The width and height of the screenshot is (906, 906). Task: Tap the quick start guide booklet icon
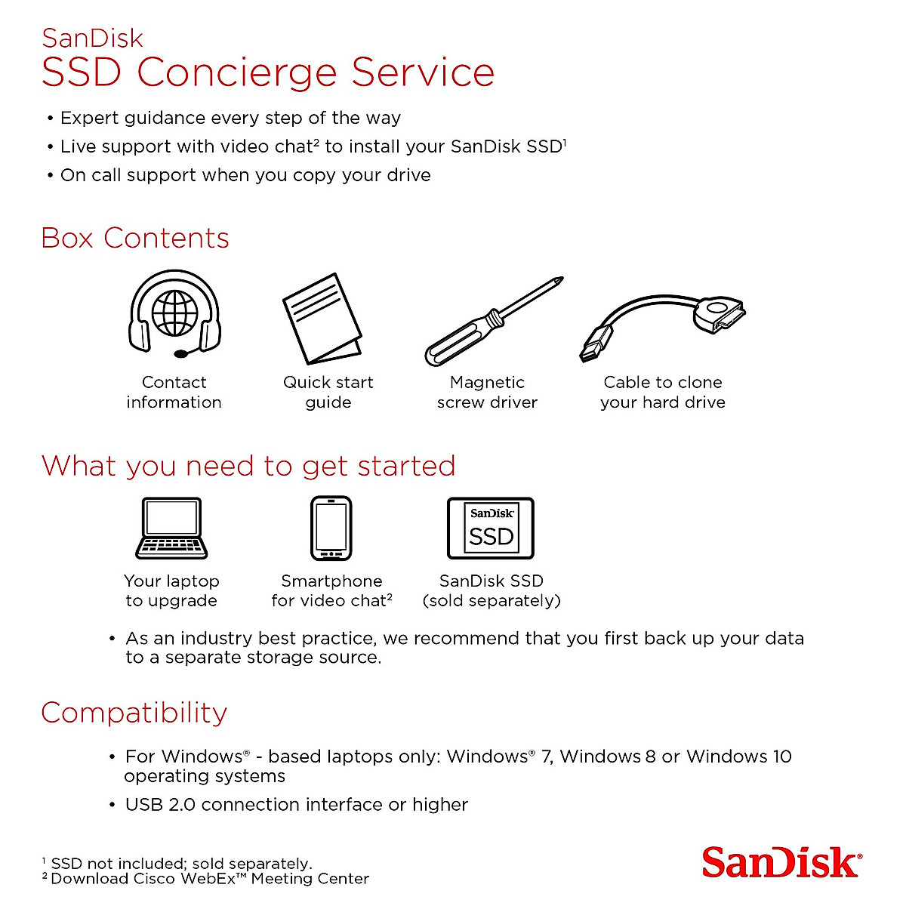click(x=321, y=319)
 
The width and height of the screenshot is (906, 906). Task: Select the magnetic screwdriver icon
click(x=492, y=322)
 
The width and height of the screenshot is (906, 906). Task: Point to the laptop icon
click(x=171, y=528)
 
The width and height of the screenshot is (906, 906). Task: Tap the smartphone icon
click(x=331, y=528)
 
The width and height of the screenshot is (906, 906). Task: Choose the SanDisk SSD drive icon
click(x=491, y=528)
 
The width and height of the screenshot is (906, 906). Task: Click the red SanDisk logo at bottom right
click(x=781, y=863)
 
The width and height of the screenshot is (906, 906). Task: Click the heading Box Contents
click(x=135, y=238)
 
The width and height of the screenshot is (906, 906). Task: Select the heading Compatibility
click(x=134, y=713)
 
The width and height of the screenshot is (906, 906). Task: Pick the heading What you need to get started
click(x=248, y=466)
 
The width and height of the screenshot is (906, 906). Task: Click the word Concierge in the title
click(x=236, y=72)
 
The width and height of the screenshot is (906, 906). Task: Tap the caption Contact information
click(x=174, y=392)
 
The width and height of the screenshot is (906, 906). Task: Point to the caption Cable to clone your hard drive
click(x=662, y=392)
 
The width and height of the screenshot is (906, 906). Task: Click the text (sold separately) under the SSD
click(x=492, y=601)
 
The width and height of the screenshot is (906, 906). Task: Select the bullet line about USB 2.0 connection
click(x=296, y=805)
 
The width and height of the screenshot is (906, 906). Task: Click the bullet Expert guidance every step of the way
click(x=230, y=118)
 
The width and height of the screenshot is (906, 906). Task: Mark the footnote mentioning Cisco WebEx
click(x=209, y=879)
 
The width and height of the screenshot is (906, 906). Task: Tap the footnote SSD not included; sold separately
click(x=180, y=864)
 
